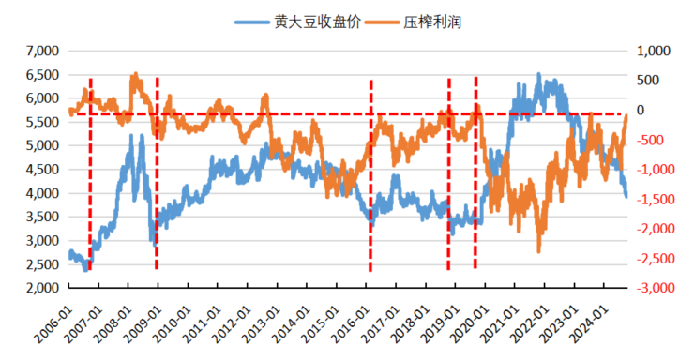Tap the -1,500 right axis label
point(654,200)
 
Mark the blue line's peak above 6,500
point(538,74)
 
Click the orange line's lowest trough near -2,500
point(539,250)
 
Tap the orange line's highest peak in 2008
point(134,73)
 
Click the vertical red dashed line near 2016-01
point(370,178)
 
